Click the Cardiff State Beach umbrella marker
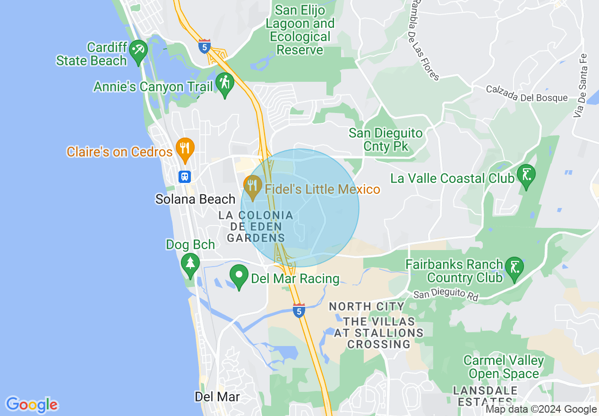click(138, 50)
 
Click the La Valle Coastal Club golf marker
click(526, 174)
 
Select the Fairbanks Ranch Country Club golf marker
click(514, 268)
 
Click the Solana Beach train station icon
click(185, 176)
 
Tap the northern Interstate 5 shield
click(205, 47)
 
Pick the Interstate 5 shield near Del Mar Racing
click(299, 310)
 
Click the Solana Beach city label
click(196, 199)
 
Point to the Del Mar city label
click(217, 397)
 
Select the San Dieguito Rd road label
click(446, 295)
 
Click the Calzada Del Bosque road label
click(527, 94)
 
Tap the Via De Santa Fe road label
click(580, 86)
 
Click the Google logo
click(32, 405)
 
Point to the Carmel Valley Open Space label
click(504, 367)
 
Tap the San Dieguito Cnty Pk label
click(385, 140)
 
